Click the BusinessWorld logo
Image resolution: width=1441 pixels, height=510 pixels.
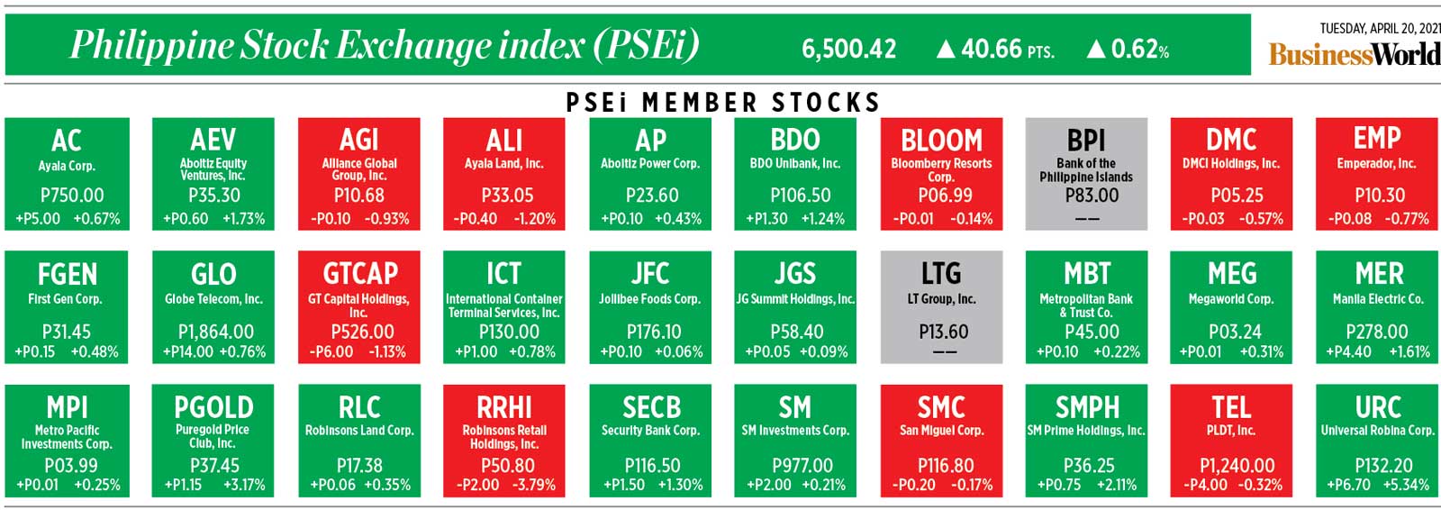(1354, 54)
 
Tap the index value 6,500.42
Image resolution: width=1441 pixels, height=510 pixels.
(848, 49)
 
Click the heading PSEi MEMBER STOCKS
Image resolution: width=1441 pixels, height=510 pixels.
(722, 103)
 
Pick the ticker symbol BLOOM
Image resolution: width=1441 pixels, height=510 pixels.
(941, 141)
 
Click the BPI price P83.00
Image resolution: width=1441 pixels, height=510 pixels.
(1086, 195)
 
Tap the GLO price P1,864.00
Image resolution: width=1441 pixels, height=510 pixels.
(215, 332)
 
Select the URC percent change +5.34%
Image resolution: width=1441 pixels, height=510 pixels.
(1404, 485)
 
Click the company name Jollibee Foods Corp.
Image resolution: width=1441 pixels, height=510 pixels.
(649, 298)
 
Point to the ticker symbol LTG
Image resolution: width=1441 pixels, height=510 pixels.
(941, 273)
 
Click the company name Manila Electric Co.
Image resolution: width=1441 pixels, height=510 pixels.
(1378, 298)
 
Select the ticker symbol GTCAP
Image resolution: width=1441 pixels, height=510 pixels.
(359, 273)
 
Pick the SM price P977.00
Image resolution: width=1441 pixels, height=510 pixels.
(802, 466)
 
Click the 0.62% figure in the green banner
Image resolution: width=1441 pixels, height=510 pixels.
(1139, 49)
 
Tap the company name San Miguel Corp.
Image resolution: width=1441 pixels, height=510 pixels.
(941, 431)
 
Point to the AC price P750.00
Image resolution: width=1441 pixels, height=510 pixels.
(72, 195)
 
